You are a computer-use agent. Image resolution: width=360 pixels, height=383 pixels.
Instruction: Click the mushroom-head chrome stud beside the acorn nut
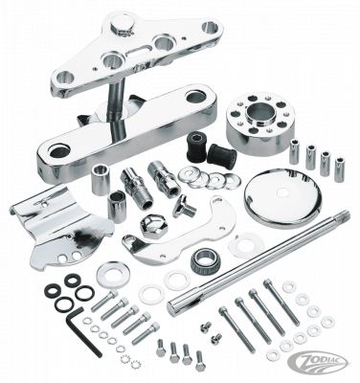coord(179,204)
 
